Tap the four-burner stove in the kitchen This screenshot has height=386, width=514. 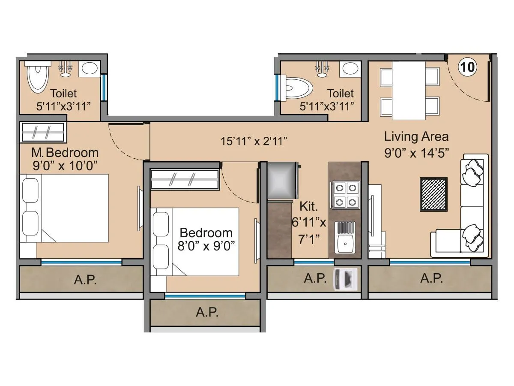point(345,195)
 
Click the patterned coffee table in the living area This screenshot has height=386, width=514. point(433,194)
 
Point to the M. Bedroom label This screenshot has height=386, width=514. point(65,152)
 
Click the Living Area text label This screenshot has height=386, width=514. point(416,137)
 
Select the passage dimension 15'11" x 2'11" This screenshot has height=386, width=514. point(254,141)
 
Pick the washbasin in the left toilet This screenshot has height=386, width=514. point(90,69)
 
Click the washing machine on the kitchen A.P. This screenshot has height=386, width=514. point(345,279)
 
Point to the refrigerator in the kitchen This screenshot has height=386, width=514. point(282,181)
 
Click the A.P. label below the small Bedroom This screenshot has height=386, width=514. point(207,313)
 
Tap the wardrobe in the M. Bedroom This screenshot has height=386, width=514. point(42,132)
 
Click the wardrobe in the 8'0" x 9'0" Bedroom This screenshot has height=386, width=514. point(185,179)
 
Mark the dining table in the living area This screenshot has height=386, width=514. point(409,90)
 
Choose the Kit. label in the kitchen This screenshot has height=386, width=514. point(308,207)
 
